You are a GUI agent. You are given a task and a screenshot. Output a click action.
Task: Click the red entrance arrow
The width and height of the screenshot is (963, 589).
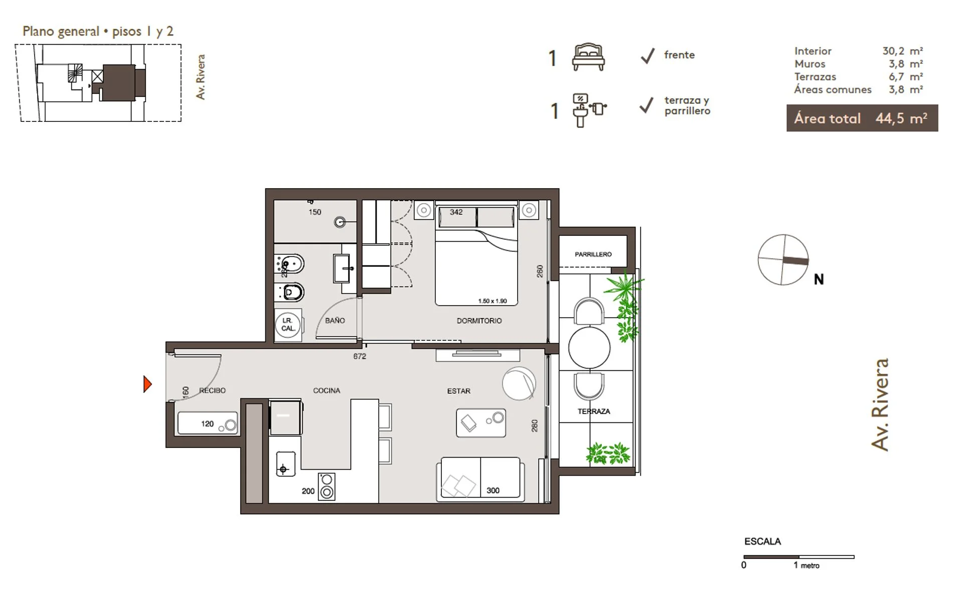[147, 384]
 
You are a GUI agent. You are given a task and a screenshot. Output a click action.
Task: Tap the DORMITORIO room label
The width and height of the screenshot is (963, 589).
[479, 321]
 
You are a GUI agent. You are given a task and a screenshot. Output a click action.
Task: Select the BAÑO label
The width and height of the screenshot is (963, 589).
[335, 320]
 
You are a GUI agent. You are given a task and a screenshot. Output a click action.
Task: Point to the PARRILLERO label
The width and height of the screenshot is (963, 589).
[593, 254]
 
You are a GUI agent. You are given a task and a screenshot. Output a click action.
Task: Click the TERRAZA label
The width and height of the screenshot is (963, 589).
[594, 411]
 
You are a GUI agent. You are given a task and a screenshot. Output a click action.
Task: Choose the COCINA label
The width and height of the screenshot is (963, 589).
[327, 390]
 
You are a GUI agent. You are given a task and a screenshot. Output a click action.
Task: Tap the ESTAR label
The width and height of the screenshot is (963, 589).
[458, 391]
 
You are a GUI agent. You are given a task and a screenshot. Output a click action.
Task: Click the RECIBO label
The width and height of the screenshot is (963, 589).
[212, 390]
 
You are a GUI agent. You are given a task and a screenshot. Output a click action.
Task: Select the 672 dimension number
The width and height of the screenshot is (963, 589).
[360, 356]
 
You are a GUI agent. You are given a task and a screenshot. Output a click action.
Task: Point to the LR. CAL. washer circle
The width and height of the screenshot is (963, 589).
[288, 325]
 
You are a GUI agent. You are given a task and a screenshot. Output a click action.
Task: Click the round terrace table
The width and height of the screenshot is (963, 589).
[589, 347]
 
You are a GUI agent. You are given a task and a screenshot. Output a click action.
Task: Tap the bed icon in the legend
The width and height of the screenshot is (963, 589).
[588, 57]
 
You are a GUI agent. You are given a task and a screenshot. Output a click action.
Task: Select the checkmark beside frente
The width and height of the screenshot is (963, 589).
[648, 56]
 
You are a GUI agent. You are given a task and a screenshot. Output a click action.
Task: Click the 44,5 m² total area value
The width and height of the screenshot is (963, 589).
[901, 118]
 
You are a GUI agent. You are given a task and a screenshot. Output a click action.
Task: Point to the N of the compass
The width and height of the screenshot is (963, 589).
[819, 279]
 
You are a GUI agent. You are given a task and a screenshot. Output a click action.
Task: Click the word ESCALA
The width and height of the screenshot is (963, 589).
[762, 541]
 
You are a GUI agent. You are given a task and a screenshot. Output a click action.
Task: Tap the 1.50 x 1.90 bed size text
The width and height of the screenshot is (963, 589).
[493, 301]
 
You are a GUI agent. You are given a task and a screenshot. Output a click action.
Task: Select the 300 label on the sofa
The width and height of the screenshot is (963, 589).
[493, 491]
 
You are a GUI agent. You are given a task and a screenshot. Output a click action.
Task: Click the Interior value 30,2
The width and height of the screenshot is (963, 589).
[893, 51]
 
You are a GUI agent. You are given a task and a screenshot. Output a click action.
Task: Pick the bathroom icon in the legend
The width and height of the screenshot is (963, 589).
[589, 110]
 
